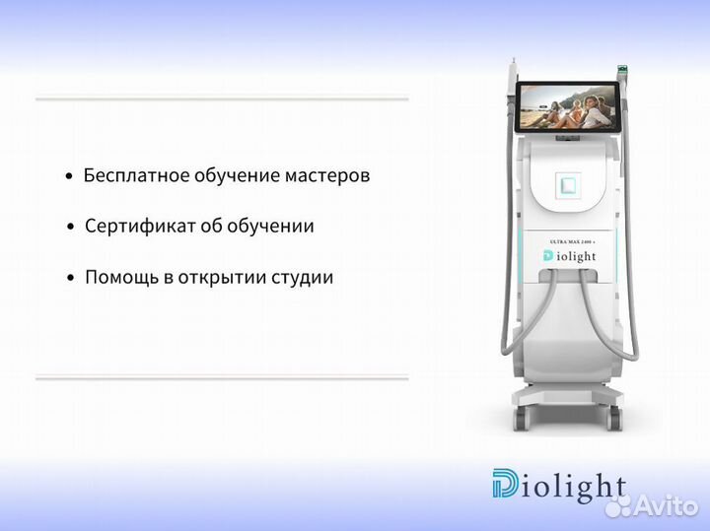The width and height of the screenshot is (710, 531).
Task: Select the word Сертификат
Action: click(131, 227)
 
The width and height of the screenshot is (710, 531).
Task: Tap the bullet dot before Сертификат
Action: click(70, 228)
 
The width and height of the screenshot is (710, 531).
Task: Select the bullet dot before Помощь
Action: click(70, 279)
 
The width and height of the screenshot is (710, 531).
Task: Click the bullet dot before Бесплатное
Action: click(68, 177)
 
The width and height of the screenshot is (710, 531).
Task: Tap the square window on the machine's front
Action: click(567, 184)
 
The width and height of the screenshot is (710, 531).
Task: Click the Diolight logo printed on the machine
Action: click(569, 256)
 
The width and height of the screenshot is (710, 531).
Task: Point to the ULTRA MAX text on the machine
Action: click(569, 240)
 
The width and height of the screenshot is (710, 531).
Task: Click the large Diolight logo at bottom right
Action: click(558, 486)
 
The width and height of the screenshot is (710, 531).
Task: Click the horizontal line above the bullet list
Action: click(222, 98)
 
